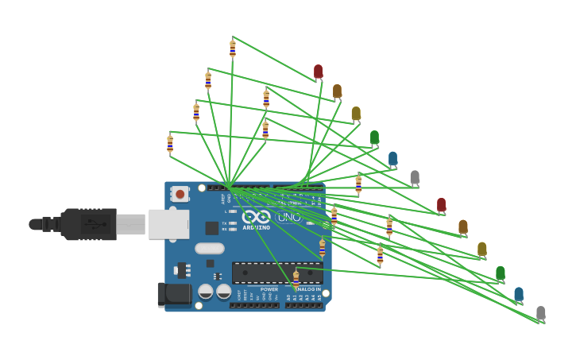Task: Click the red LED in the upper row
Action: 318,72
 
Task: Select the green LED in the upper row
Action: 374,137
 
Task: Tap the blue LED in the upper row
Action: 392,158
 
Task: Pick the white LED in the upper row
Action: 414,177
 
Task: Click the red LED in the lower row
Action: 441,205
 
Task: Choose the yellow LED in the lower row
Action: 481,249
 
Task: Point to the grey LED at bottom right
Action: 540,313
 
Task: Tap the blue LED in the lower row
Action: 519,294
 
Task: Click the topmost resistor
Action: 232,48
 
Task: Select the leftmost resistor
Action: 169,144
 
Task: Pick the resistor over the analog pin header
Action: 296,280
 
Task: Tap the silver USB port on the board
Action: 169,224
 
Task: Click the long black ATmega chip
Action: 276,273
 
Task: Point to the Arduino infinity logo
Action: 256,217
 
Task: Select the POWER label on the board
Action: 269,289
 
